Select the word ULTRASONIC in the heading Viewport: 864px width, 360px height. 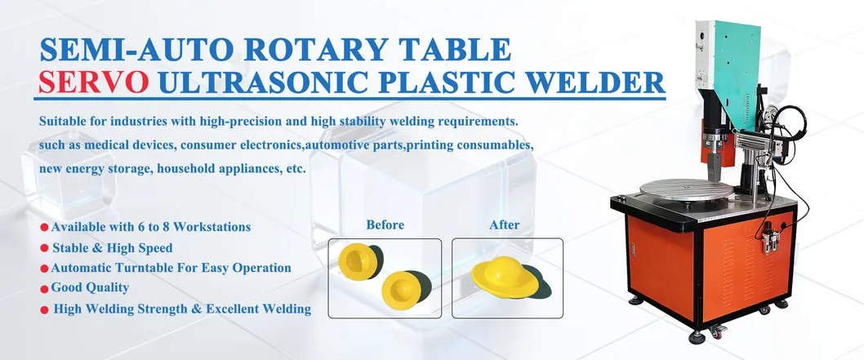coord(247,82)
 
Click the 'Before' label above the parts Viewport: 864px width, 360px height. coord(385,224)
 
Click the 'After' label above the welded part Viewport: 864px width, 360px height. coord(505,224)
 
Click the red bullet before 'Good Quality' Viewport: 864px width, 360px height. coord(44,288)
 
